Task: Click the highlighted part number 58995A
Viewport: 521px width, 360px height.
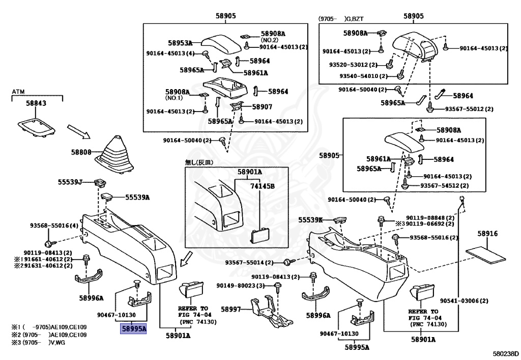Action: click(133, 329)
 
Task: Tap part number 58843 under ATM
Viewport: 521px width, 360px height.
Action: click(36, 103)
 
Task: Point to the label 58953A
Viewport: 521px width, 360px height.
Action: click(180, 43)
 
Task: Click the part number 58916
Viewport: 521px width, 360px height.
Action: click(488, 234)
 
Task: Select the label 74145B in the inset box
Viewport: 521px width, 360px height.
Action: click(263, 186)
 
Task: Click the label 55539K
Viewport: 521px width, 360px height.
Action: click(310, 220)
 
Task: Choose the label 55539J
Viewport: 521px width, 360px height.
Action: click(70, 182)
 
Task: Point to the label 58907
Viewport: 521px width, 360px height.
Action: click(262, 107)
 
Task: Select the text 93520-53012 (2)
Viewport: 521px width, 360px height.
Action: click(353, 65)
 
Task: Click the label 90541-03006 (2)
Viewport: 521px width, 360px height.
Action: click(464, 301)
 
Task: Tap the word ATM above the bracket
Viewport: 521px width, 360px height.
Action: click(18, 92)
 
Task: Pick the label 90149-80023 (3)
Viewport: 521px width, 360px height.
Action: click(241, 286)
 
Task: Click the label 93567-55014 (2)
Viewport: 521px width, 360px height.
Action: click(249, 262)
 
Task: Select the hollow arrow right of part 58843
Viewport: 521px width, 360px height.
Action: click(79, 132)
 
